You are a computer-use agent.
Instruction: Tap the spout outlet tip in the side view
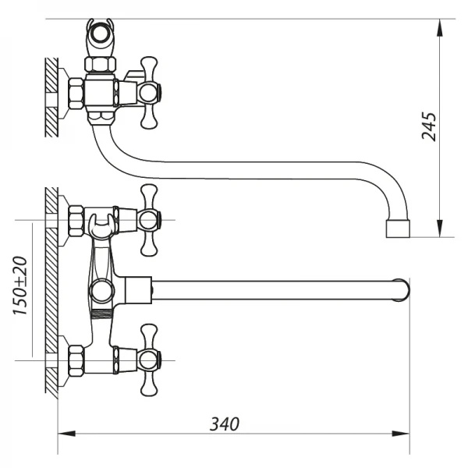399,229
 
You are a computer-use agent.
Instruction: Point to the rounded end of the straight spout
402,289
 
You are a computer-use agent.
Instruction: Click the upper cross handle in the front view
149,221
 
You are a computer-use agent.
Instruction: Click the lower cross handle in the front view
149,360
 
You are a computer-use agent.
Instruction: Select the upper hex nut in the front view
76,221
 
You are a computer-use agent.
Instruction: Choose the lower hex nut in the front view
76,360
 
